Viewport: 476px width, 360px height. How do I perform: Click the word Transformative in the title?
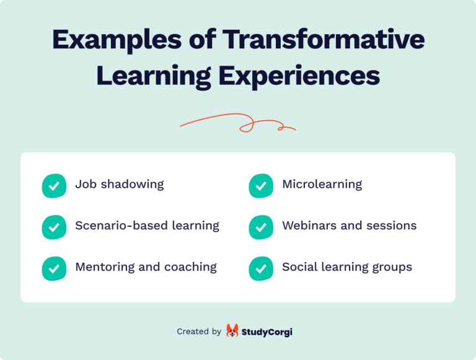[x=324, y=39]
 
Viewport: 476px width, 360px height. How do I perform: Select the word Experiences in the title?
[x=299, y=75]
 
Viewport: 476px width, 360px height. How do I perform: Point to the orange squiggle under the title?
[x=238, y=123]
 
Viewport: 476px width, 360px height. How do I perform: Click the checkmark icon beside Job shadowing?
[x=54, y=185]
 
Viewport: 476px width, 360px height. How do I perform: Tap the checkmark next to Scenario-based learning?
[x=54, y=227]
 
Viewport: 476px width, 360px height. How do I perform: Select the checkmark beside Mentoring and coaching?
[x=54, y=268]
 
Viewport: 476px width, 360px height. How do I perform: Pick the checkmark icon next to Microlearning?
[x=261, y=185]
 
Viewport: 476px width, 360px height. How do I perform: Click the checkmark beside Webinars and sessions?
[x=261, y=227]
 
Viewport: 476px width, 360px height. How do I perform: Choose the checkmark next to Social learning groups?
[x=261, y=268]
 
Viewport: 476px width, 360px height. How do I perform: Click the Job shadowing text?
[x=120, y=184]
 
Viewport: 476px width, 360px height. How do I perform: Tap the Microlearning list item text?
[x=322, y=184]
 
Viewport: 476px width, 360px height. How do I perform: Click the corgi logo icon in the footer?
[x=232, y=331]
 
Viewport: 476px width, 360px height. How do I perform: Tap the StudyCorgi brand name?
[x=267, y=331]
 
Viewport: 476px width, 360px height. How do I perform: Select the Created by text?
[x=199, y=331]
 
